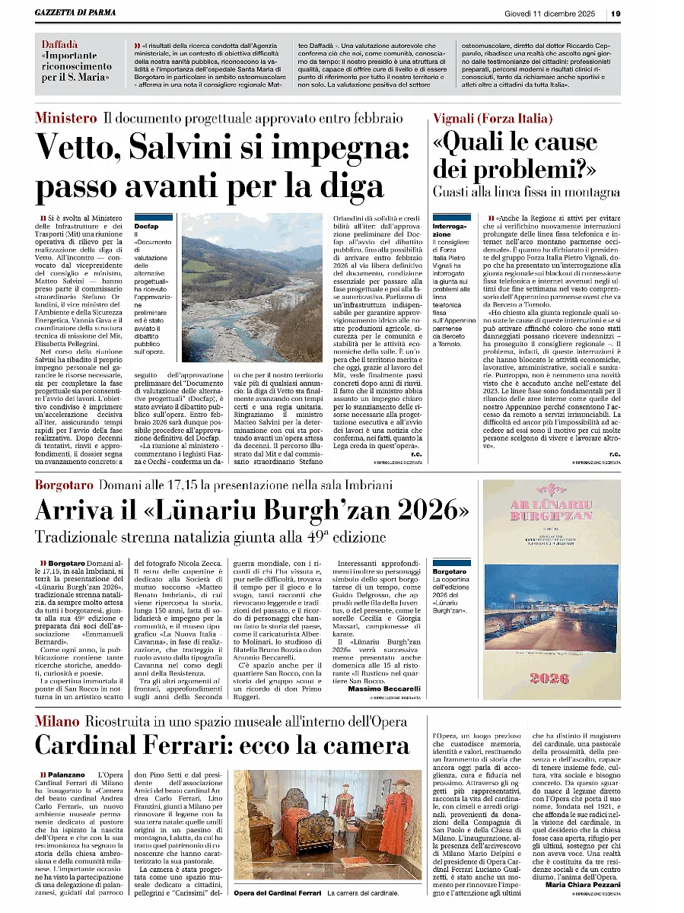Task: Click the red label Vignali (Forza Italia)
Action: click(493, 118)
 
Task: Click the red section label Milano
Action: click(57, 721)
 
